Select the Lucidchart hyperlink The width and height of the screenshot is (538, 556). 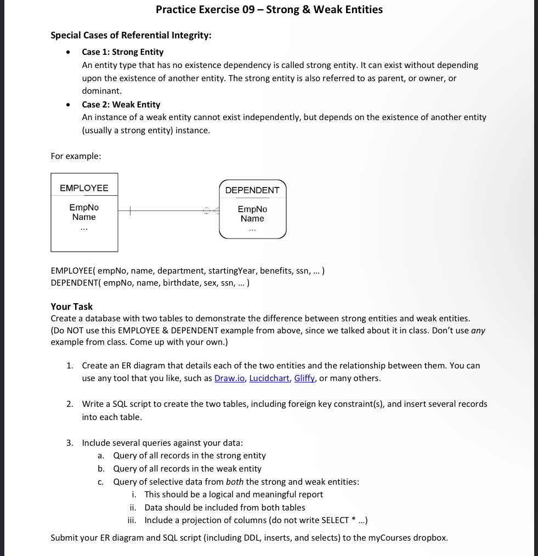tap(269, 378)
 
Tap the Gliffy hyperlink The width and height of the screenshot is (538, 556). tap(304, 378)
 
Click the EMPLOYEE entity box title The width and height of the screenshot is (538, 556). tap(84, 188)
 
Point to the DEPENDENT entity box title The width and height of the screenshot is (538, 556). tap(252, 190)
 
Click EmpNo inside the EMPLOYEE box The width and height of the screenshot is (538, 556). tap(84, 207)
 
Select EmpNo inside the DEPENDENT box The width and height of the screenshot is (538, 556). tap(252, 209)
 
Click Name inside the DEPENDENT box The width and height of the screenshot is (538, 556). tap(252, 219)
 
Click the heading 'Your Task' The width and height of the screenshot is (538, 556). tap(71, 307)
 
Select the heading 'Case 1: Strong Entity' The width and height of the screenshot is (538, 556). tap(122, 52)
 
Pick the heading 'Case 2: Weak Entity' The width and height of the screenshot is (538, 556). tap(121, 104)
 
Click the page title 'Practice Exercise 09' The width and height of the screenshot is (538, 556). tap(269, 9)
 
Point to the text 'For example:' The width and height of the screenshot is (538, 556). tap(76, 156)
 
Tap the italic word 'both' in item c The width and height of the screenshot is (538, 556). tap(234, 482)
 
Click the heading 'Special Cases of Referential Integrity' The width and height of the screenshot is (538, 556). tap(131, 36)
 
